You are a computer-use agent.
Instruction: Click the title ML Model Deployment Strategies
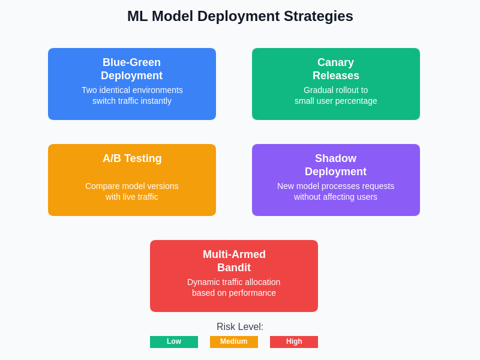240,16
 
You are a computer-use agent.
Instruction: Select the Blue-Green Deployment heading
131,69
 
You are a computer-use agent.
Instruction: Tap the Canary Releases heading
335,69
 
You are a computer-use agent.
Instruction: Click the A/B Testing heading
132,158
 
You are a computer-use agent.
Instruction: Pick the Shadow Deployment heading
335,165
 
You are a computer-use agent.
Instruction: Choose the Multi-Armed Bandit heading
234,261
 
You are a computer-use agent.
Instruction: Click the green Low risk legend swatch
174,342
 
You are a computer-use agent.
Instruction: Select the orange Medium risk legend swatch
234,342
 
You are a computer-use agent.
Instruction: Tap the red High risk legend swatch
294,342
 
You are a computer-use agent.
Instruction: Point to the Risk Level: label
240,327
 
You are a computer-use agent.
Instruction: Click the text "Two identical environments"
132,90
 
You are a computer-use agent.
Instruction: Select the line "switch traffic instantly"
132,101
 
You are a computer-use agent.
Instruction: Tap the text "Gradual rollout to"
335,90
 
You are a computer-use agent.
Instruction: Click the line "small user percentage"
335,101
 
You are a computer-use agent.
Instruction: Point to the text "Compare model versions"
132,186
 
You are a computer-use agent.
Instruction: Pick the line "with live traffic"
132,197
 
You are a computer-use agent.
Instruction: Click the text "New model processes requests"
335,186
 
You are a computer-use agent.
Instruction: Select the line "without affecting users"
335,197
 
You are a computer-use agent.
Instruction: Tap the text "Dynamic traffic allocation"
234,282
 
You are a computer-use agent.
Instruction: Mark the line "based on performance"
234,293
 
